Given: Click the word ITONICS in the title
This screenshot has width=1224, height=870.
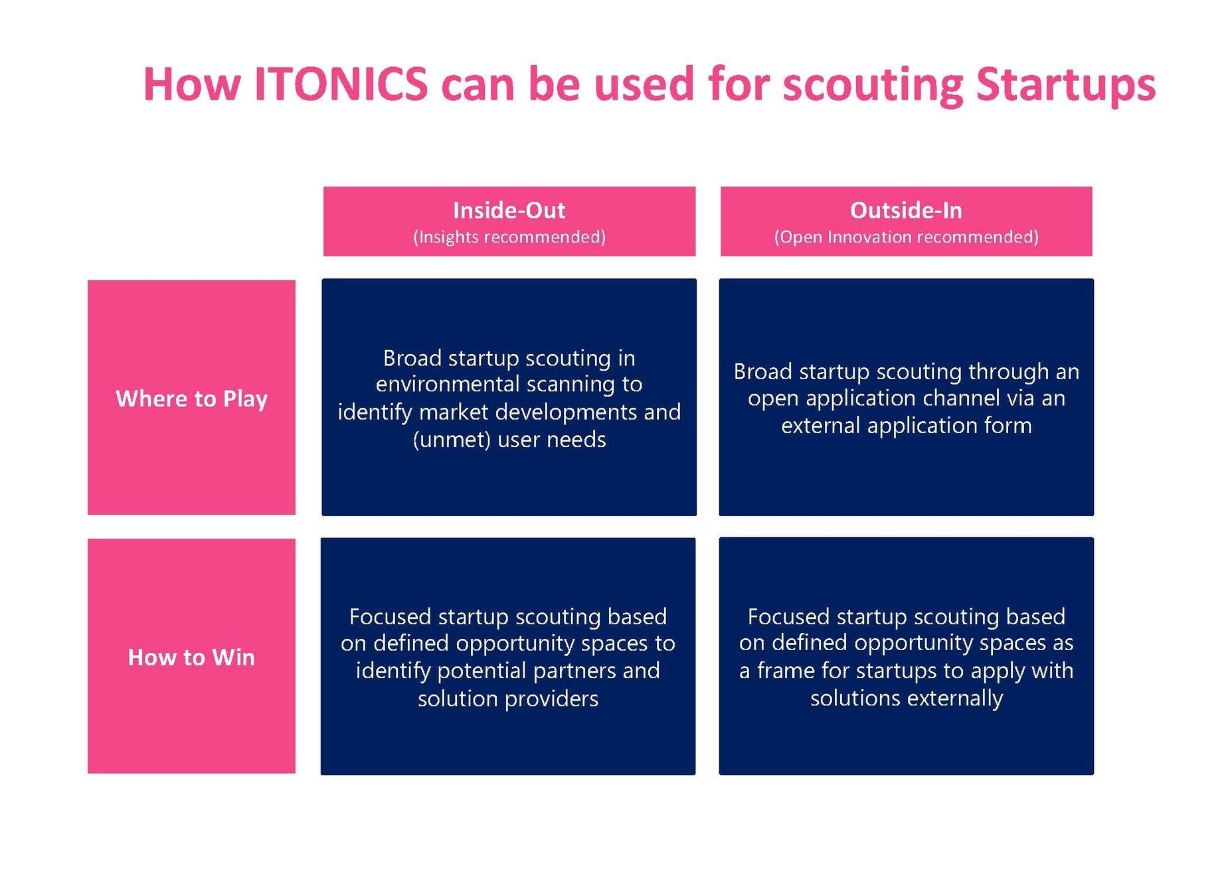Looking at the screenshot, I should click(x=341, y=84).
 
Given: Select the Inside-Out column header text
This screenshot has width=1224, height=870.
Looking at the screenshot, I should click(x=509, y=211).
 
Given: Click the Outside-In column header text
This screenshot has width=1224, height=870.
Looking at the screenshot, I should click(x=906, y=211).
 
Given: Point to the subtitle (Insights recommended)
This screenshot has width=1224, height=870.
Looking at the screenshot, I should click(x=509, y=237).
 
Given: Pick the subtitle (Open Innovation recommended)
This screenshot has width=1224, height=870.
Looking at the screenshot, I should click(x=906, y=237).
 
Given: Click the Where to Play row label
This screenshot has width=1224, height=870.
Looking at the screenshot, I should click(x=191, y=398).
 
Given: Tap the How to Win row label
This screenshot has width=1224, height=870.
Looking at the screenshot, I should click(x=191, y=657).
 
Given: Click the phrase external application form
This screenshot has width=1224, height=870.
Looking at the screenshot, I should click(x=906, y=426).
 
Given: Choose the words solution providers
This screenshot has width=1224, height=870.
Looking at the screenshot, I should click(x=508, y=699).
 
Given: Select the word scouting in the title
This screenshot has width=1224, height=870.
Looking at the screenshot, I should click(x=873, y=84).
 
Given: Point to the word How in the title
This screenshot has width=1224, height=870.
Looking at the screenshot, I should click(x=191, y=84).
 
